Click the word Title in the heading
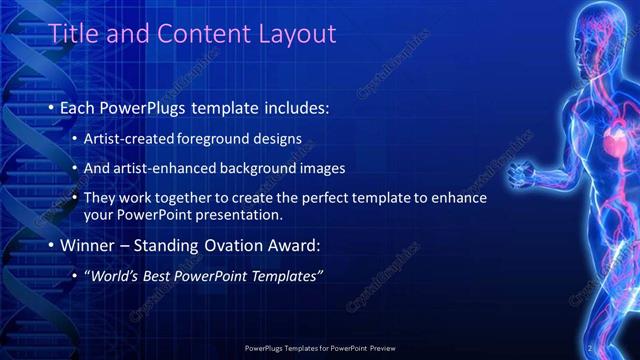(x=74, y=35)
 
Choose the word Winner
(x=89, y=245)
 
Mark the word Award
(x=294, y=245)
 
